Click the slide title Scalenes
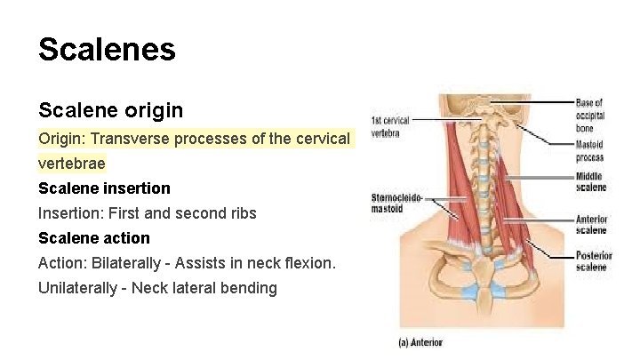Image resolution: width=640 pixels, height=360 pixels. pyautogui.click(x=107, y=49)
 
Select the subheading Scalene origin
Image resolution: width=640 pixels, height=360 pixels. pyautogui.click(x=110, y=110)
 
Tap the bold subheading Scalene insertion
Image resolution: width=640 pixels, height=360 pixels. pyautogui.click(x=104, y=188)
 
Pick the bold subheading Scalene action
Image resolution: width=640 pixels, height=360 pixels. pyautogui.click(x=94, y=238)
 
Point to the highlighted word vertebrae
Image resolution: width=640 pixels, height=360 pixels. pyautogui.click(x=71, y=164)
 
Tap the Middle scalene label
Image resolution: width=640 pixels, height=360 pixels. pyautogui.click(x=590, y=182)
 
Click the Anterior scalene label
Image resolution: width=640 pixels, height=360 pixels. pyautogui.click(x=591, y=225)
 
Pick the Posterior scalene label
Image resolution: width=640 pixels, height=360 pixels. pyautogui.click(x=593, y=261)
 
